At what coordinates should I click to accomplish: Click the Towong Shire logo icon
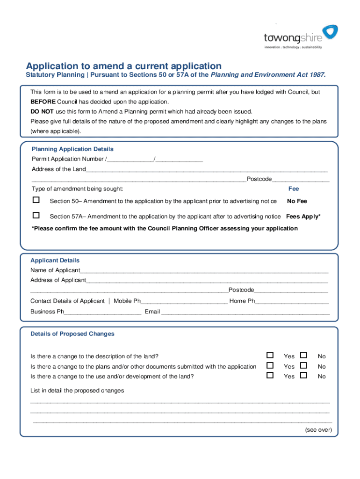[x=330, y=32]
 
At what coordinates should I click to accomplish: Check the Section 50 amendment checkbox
[x=36, y=200]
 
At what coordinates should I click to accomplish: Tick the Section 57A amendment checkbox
[x=36, y=216]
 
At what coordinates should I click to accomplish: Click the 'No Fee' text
[x=297, y=201]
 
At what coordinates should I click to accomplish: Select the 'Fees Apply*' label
[x=303, y=217]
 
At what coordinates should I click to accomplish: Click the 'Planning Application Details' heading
[x=72, y=149]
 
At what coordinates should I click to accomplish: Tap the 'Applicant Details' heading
[x=55, y=260]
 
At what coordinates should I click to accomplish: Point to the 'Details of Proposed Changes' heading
[x=72, y=334]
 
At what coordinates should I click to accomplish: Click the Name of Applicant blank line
[x=204, y=271]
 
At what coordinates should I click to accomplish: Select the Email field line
[x=245, y=312]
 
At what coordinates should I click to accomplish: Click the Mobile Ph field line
[x=184, y=301]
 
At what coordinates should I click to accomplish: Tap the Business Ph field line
[x=102, y=312]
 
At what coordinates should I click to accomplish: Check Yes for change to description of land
[x=270, y=355]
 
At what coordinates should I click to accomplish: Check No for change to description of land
[x=303, y=355]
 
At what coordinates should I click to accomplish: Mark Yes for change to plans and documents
[x=270, y=365]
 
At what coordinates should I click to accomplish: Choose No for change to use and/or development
[x=303, y=375]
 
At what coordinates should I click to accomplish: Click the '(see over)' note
[x=318, y=430]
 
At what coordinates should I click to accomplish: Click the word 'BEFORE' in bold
[x=43, y=102]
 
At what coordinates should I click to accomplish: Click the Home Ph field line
[x=292, y=301]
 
